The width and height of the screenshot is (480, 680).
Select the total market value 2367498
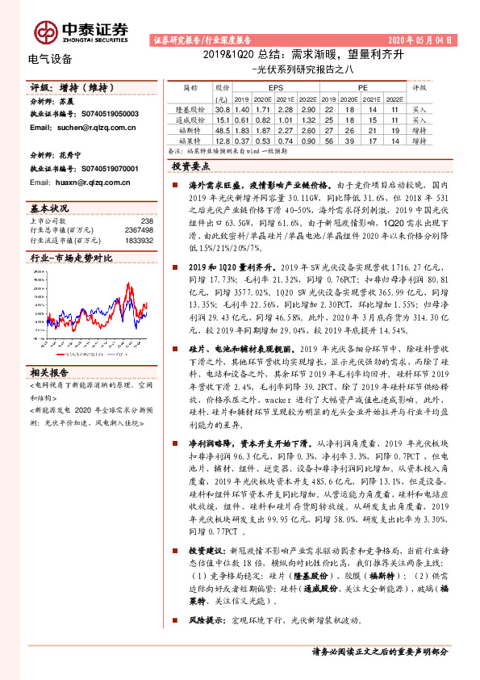tap(138, 230)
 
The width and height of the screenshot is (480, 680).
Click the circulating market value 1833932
tap(138, 240)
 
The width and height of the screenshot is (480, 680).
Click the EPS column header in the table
tap(276, 86)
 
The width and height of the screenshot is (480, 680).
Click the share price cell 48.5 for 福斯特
tap(223, 129)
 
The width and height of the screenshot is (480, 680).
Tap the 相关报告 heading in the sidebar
tap(49, 374)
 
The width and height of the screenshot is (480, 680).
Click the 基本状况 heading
tap(49, 208)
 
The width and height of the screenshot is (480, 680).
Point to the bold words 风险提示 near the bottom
tap(204, 619)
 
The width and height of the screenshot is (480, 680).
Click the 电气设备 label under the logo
tap(50, 59)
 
